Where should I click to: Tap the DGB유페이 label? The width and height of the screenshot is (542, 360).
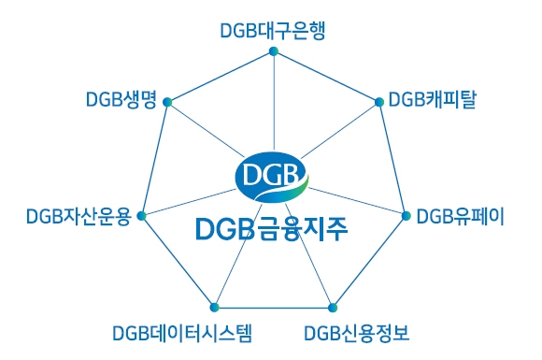[460, 217]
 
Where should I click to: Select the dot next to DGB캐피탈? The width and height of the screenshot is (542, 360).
[378, 101]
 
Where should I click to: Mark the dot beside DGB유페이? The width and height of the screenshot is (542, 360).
[406, 216]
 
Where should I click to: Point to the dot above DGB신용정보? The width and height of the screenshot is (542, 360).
[332, 308]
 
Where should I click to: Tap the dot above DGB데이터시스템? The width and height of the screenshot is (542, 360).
[214, 308]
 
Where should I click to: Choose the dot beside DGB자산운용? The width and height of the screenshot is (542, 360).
[141, 216]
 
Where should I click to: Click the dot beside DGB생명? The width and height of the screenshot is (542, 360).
[166, 101]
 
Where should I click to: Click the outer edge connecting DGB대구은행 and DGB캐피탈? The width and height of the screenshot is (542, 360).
[325, 76]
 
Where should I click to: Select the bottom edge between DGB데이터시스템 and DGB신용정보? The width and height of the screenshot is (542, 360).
[273, 308]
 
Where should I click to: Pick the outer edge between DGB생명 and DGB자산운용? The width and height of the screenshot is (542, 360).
[153, 159]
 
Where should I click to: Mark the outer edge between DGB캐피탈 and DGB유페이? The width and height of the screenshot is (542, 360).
[392, 159]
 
